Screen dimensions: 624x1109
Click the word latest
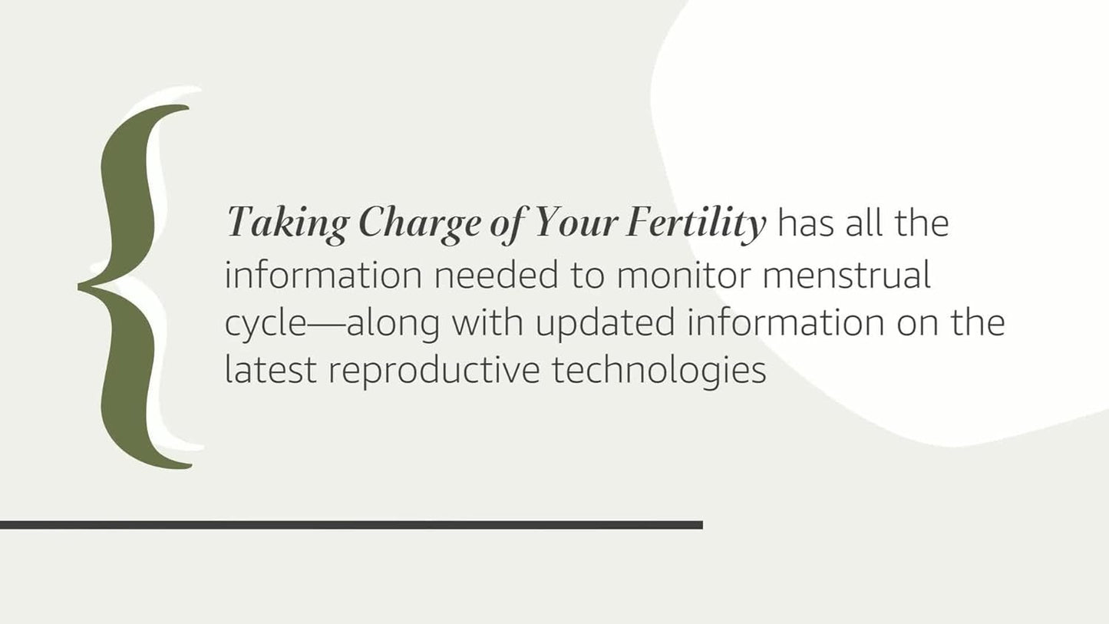click(270, 370)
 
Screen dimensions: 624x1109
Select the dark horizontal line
click(351, 525)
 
